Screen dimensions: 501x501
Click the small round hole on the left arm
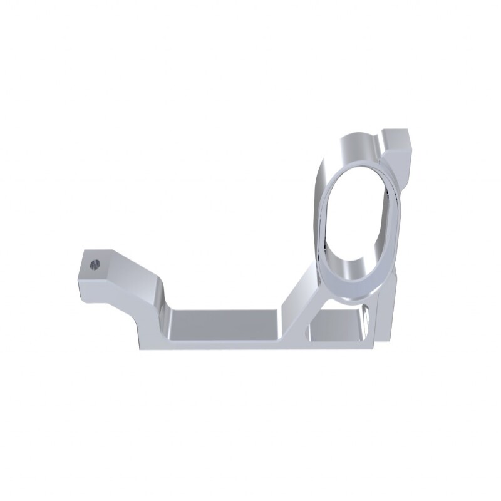95,264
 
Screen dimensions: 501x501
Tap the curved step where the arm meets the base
164,310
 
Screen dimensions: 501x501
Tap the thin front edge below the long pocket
225,345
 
